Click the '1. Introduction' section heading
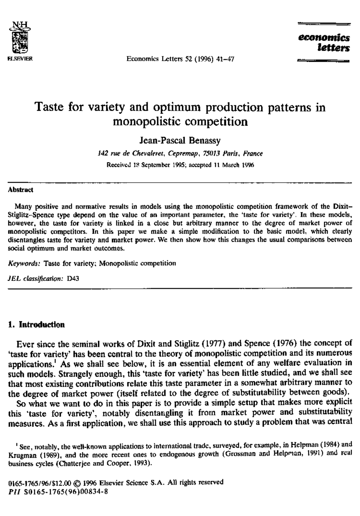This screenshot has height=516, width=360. point(36,325)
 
